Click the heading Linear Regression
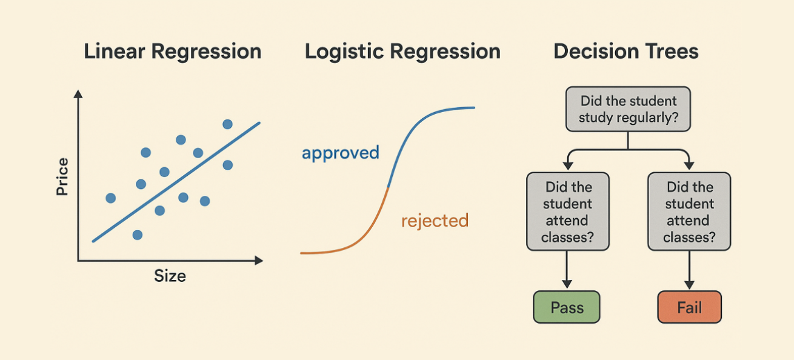tap(172, 52)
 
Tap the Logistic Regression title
tap(402, 52)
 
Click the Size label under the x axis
tap(170, 276)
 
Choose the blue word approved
tap(340, 153)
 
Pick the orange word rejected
tap(435, 221)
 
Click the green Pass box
tap(566, 307)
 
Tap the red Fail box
tap(689, 307)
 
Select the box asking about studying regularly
tap(627, 109)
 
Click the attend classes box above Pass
tap(567, 212)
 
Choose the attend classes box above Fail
tap(689, 212)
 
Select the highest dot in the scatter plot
tap(227, 124)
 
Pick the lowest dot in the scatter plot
tap(137, 235)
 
